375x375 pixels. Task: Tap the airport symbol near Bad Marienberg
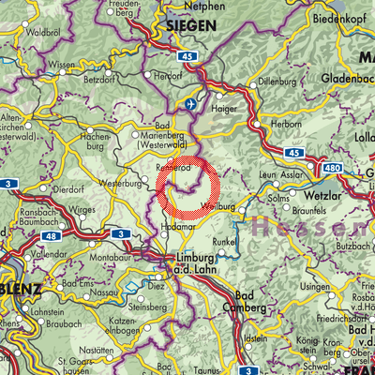tap(193, 104)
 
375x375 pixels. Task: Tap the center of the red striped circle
tap(188, 187)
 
